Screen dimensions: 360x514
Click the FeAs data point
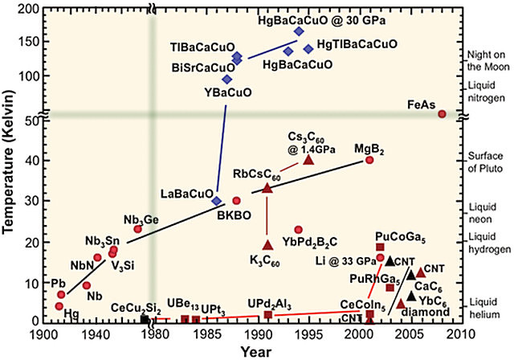[442, 114]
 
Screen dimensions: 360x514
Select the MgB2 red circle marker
[369, 160]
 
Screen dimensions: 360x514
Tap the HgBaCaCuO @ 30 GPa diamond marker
[299, 31]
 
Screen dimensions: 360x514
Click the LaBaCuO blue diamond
[217, 200]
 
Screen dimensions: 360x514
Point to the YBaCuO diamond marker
[227, 79]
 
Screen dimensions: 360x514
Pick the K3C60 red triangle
[268, 243]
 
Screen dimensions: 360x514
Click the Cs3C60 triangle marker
[308, 159]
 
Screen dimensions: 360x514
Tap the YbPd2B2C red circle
[299, 230]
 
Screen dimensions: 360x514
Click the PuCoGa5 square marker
[380, 247]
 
